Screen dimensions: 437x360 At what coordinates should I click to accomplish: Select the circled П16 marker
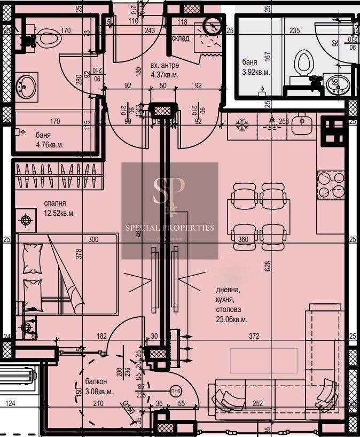tap(176, 392)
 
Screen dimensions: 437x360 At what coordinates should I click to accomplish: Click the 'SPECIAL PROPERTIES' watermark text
tap(169, 228)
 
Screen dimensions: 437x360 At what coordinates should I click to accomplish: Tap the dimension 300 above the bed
tap(94, 240)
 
